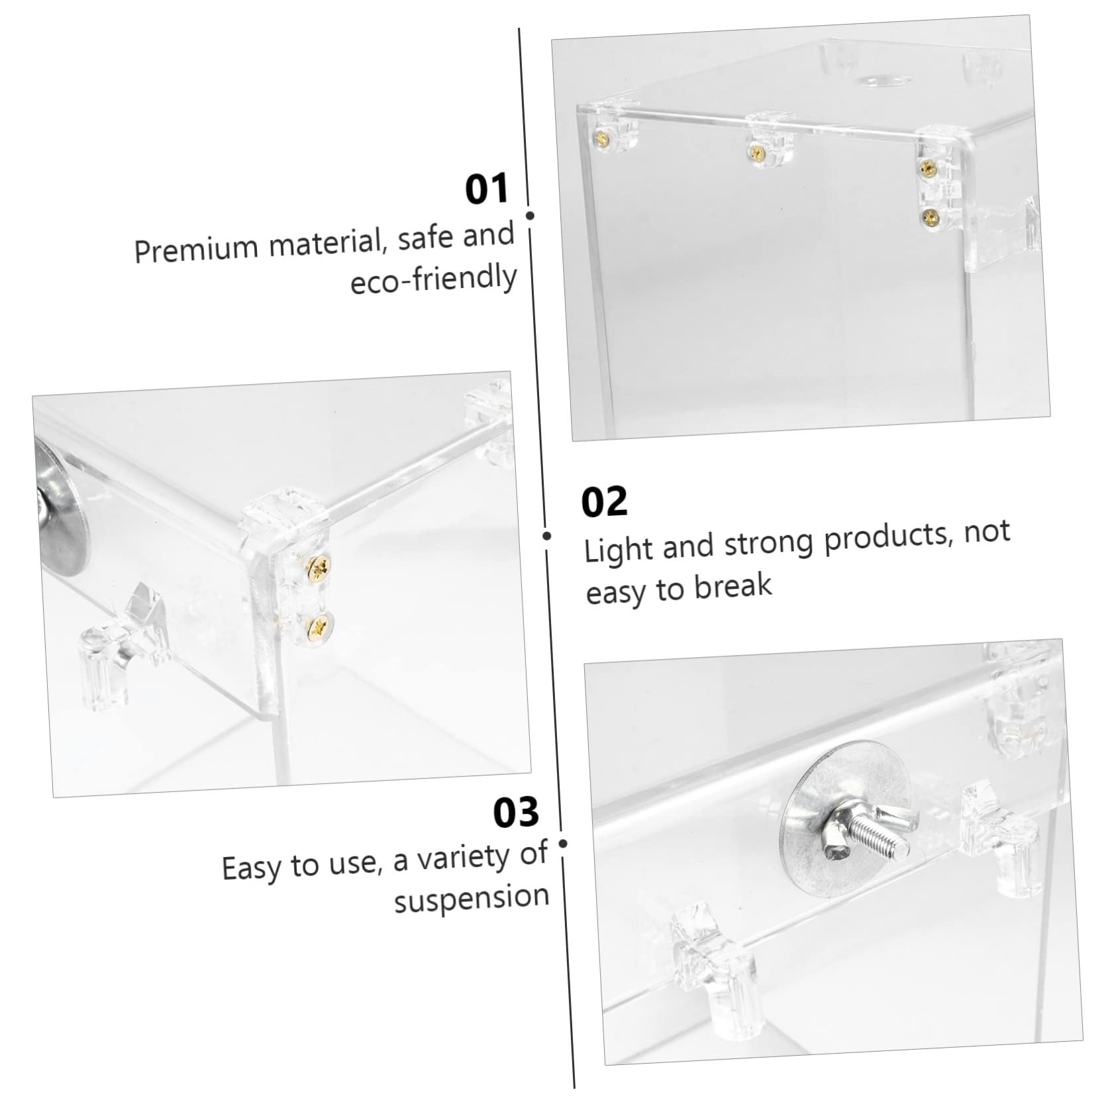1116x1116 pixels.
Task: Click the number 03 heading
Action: point(516,812)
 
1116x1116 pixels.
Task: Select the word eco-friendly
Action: point(433,279)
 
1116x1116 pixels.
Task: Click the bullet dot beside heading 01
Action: point(530,215)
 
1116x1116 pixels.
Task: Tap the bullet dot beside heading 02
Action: point(547,535)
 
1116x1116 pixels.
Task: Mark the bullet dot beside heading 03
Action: point(563,843)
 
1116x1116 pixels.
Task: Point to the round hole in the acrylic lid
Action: point(882,82)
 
